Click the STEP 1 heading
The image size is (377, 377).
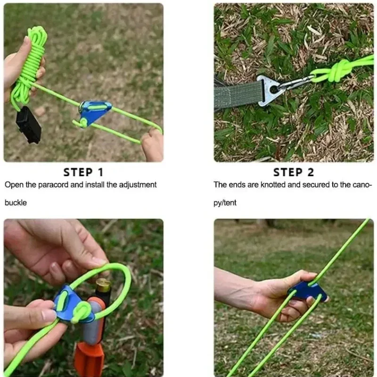click(x=83, y=172)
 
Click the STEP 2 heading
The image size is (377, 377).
click(x=294, y=172)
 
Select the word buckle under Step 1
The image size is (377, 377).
click(x=16, y=203)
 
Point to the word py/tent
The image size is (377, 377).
click(x=225, y=203)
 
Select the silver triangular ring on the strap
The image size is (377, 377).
click(x=270, y=90)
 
